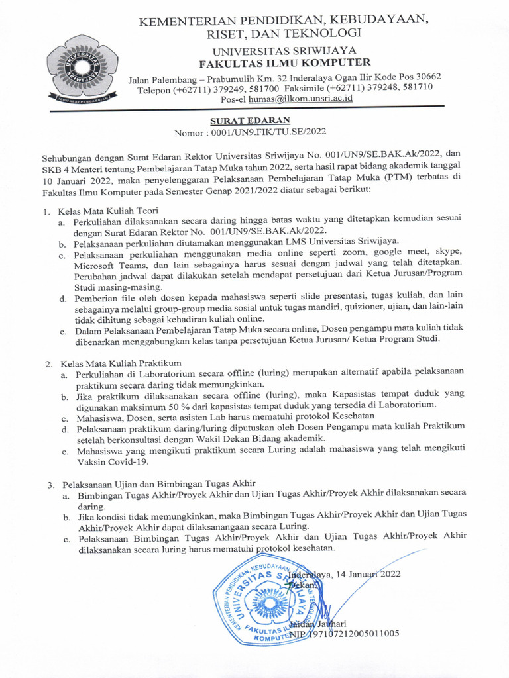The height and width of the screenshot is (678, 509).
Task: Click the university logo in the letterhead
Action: tap(82, 66)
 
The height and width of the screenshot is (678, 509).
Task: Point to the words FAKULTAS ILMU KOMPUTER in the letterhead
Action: tap(286, 63)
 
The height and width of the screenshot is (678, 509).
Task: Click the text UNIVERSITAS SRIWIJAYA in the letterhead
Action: tap(284, 50)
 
